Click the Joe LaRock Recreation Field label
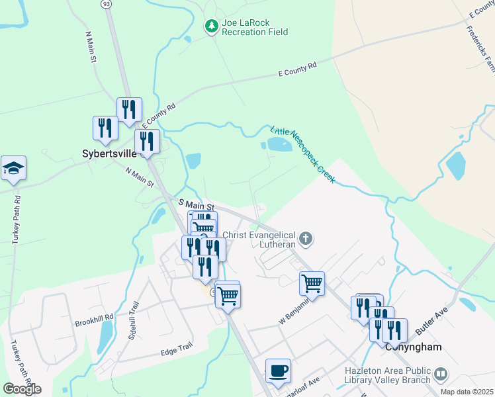[x=255, y=27]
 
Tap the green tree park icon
[x=212, y=26]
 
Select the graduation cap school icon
[x=13, y=169]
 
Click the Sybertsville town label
[x=109, y=154]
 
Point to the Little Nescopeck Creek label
[x=304, y=154]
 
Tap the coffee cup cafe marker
[x=278, y=371]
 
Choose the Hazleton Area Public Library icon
[x=441, y=375]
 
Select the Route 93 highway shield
[x=105, y=4]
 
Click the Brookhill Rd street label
[x=94, y=317]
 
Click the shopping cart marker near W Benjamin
[x=312, y=283]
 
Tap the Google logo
[x=22, y=389]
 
